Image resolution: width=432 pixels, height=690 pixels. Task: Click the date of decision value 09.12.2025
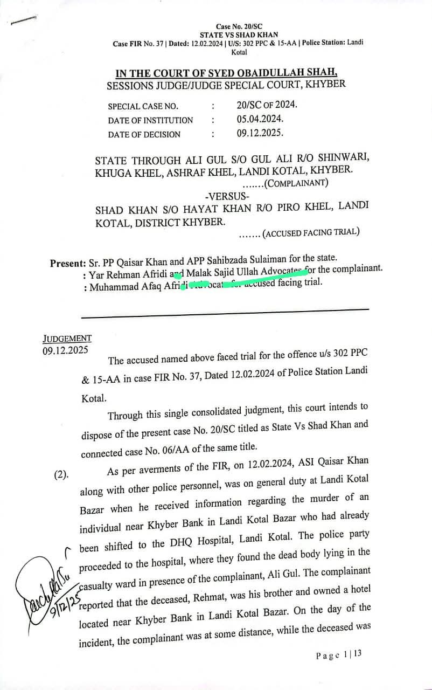[260, 132]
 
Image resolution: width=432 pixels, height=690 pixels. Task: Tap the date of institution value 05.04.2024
[260, 119]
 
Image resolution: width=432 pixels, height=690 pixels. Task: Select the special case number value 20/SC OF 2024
[266, 105]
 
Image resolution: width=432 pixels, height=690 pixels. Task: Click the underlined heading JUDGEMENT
[67, 339]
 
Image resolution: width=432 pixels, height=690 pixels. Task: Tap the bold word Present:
[68, 264]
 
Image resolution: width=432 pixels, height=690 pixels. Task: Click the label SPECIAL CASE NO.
[143, 107]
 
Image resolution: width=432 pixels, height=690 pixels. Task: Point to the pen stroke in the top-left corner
[23, 20]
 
